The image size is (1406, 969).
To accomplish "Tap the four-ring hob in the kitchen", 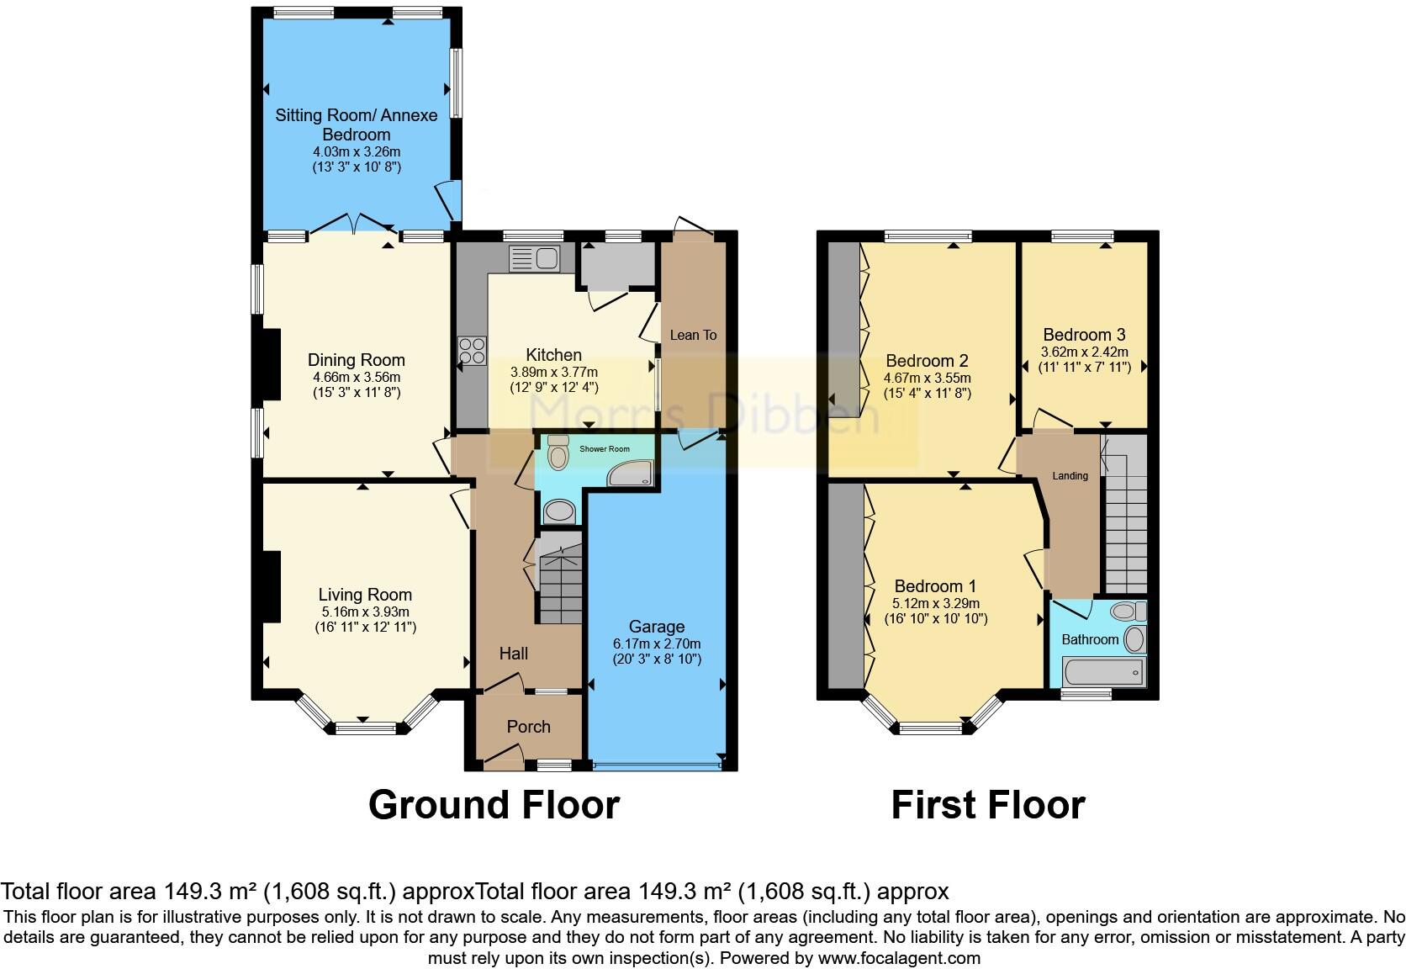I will click(x=472, y=350).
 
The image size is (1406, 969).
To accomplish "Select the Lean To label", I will click(x=693, y=335).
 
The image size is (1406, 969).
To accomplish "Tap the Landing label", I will click(x=1070, y=476).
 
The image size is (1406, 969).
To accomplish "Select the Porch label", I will click(x=528, y=727).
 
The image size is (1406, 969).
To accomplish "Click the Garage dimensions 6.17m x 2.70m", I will click(x=657, y=643).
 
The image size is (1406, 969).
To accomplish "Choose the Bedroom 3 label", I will click(x=1083, y=335).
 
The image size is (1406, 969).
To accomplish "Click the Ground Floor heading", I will click(x=494, y=805).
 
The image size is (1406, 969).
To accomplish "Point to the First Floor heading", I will click(x=987, y=805).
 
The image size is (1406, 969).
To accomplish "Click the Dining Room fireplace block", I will click(x=271, y=363).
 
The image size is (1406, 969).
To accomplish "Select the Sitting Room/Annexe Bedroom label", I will click(x=357, y=124).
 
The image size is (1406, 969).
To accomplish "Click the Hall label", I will click(x=513, y=654).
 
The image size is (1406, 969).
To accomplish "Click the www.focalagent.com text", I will click(x=899, y=957).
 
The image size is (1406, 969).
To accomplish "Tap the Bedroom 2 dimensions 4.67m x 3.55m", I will click(x=927, y=379).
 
